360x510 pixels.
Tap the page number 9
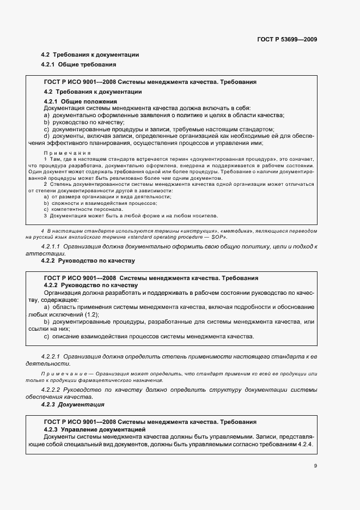point(315,465)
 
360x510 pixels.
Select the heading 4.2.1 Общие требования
point(78,65)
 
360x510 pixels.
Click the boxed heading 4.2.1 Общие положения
point(80,101)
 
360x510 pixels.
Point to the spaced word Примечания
point(66,153)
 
